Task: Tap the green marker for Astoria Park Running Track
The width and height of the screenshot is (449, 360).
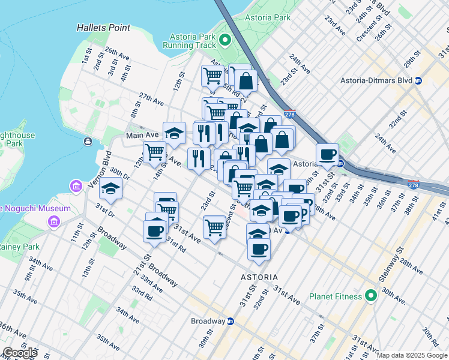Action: [x=225, y=41]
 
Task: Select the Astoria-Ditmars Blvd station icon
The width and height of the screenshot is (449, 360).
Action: [x=418, y=80]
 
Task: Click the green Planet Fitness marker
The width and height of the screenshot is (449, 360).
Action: [x=371, y=296]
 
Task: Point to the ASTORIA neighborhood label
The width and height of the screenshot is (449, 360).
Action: [x=259, y=277]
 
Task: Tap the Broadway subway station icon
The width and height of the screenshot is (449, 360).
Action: [x=230, y=321]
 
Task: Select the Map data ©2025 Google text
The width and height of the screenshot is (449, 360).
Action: [x=411, y=355]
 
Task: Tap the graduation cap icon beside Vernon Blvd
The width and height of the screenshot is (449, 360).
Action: [x=110, y=189]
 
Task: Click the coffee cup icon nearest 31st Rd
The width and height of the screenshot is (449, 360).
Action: [x=154, y=230]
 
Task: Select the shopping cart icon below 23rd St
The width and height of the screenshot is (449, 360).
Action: [x=214, y=227]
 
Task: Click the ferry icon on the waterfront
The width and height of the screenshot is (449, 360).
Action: [x=88, y=141]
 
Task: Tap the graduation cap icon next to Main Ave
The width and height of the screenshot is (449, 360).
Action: [x=174, y=133]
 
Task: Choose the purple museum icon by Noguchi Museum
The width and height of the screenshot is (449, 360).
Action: [x=76, y=186]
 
